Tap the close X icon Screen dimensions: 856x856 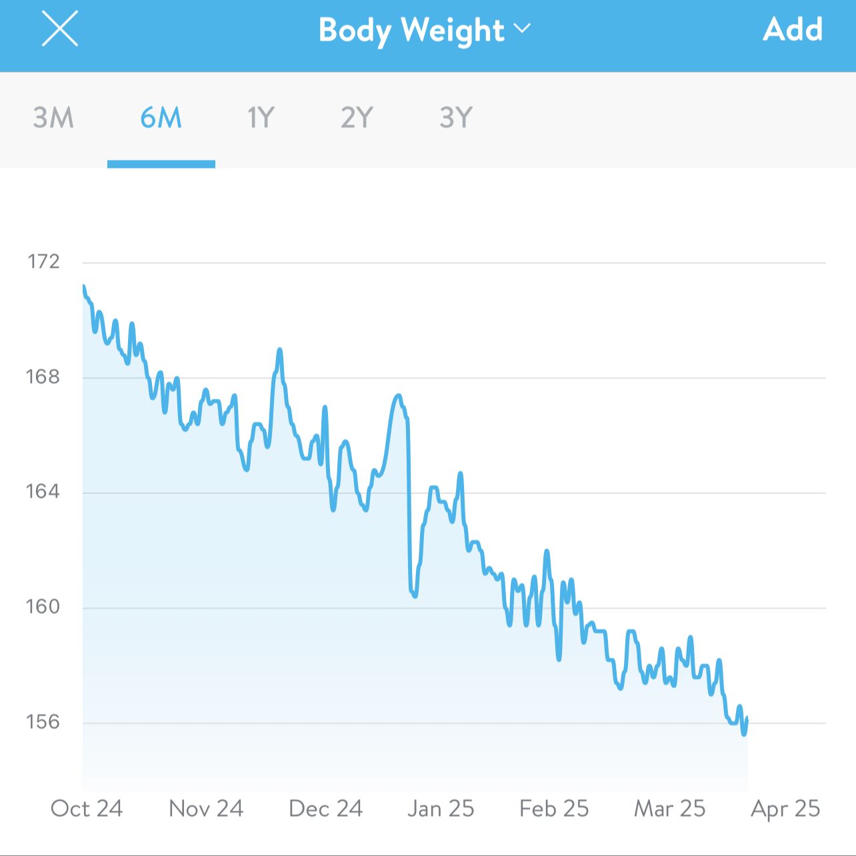coord(60,29)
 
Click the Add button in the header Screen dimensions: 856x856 coord(793,29)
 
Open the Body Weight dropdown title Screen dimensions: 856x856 coord(411,31)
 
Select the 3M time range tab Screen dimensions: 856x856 coord(53,118)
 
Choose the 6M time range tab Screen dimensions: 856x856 coord(161,118)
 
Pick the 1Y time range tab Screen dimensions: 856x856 coord(261,118)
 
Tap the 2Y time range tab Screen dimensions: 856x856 coord(357,118)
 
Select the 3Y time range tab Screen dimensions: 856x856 coord(456,118)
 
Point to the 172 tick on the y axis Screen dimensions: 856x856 coord(43,261)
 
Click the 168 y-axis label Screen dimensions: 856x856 coord(43,377)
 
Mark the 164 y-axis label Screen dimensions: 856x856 coord(43,492)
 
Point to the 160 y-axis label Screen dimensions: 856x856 coord(43,607)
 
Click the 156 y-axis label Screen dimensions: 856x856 coord(43,722)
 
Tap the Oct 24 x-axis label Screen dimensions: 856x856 coord(87,809)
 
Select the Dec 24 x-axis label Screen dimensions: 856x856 coord(325,809)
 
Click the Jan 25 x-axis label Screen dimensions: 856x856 coord(441,809)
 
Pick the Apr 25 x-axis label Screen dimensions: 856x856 coord(785,809)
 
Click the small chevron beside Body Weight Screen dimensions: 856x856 coord(522,29)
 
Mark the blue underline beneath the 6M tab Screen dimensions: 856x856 coord(161,164)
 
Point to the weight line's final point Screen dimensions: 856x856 coord(747,719)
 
